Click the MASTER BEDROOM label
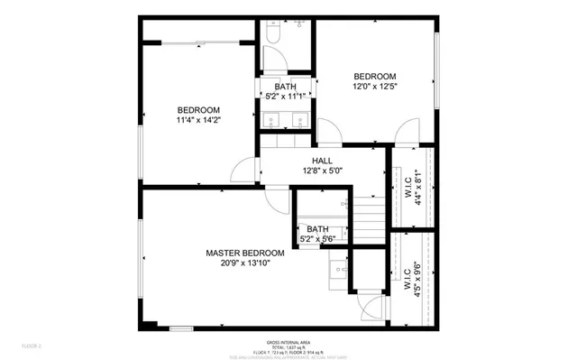click(244, 253)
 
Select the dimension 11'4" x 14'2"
click(198, 119)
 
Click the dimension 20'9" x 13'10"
click(244, 263)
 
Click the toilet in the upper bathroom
click(274, 33)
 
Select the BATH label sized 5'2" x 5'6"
click(316, 229)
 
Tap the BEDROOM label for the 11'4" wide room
click(198, 109)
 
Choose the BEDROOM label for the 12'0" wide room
click(373, 76)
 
